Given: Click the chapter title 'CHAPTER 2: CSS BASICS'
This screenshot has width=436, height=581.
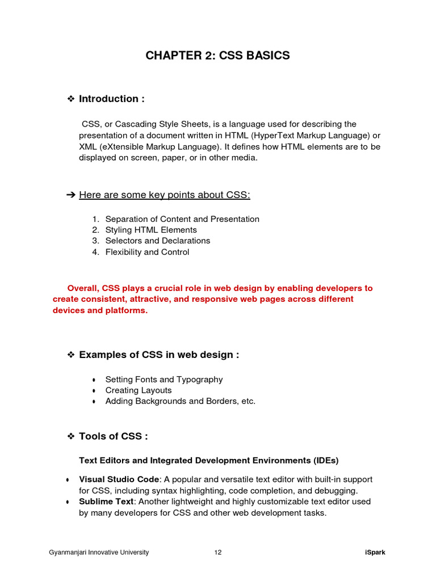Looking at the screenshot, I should tap(217, 56).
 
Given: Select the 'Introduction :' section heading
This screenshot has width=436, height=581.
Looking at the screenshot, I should tap(111, 99).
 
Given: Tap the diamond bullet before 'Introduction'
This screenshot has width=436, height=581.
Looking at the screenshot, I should tap(72, 99).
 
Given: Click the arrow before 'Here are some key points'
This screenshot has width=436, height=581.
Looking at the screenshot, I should tap(71, 195).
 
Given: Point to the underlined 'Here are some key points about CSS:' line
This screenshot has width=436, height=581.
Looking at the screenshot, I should tap(164, 195).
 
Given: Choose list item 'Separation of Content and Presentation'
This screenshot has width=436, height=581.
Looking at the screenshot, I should tap(182, 219).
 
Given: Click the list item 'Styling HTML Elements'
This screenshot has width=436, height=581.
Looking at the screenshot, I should tap(151, 230).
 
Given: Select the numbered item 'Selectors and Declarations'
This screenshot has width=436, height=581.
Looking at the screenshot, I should tap(157, 241).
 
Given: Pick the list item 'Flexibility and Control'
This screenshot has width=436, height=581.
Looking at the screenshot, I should tap(147, 252).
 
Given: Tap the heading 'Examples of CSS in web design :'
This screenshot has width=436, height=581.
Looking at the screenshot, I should tap(159, 355).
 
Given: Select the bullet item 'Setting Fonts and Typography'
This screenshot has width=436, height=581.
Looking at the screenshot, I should tap(163, 380).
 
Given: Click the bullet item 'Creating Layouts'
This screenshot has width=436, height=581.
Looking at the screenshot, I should tap(138, 390).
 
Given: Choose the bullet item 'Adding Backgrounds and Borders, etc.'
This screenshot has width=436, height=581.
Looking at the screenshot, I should tap(180, 401).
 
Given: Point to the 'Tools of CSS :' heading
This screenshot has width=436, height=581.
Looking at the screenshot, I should tap(114, 436).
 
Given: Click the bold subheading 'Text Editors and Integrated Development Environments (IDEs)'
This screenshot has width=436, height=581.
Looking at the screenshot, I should tap(208, 460).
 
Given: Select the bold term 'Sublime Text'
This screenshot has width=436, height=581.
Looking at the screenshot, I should tap(106, 502).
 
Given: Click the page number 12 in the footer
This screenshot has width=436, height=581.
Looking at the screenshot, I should tap(218, 553).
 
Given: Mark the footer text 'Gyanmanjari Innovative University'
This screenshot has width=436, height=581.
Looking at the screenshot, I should tap(99, 553).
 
